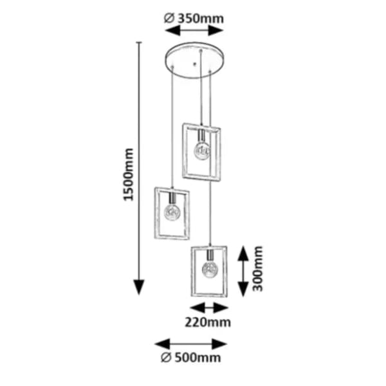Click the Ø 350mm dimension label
pyautogui.click(x=194, y=19)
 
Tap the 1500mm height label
pyautogui.click(x=129, y=174)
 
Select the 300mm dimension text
pyautogui.click(x=258, y=268)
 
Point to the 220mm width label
pyautogui.click(x=208, y=322)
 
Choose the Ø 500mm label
pyautogui.click(x=191, y=358)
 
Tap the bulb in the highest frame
pyautogui.click(x=202, y=151)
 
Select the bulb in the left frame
pyautogui.click(x=172, y=212)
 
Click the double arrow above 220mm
pyautogui.click(x=209, y=308)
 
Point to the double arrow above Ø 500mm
pyautogui.click(x=190, y=344)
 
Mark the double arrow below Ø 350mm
pyautogui.click(x=194, y=31)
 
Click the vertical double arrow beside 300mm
pyautogui.click(x=243, y=271)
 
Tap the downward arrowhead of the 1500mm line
pyautogui.click(x=139, y=287)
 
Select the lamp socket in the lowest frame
pyautogui.click(x=210, y=255)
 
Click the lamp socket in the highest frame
pyautogui.click(x=202, y=136)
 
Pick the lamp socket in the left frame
pyautogui.click(x=172, y=198)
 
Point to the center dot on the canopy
pyautogui.click(x=194, y=64)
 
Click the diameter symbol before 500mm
pyautogui.click(x=166, y=358)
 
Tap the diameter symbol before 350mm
pyautogui.click(x=169, y=19)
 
